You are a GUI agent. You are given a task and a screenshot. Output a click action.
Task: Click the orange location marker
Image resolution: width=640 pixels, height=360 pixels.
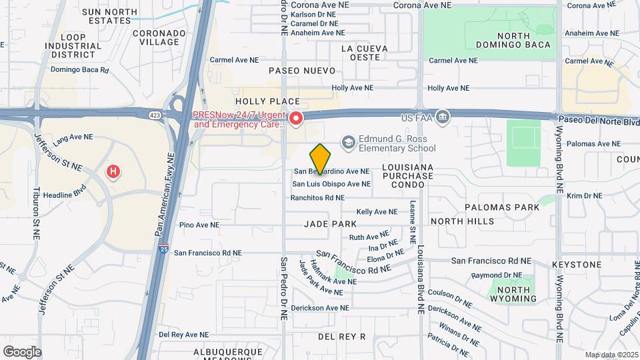coord(321,159)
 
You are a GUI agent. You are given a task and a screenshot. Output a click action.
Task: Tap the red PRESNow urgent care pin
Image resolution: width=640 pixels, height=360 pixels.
coord(295,119)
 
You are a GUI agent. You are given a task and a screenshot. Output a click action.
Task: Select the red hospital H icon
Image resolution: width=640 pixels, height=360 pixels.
coord(114,172)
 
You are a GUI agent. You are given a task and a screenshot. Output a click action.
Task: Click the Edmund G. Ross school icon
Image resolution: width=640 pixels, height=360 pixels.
coord(347,142)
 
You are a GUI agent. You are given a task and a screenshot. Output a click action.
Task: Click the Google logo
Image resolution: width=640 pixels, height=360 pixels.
coord(22,351)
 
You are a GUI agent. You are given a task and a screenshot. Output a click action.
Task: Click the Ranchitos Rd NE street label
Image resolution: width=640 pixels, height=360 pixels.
coord(317,198)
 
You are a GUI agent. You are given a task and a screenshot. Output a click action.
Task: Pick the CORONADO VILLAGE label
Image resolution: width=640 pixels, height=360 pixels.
coord(159,37)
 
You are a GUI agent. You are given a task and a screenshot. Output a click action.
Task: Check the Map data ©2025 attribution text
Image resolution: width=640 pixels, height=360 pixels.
coord(611,354)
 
